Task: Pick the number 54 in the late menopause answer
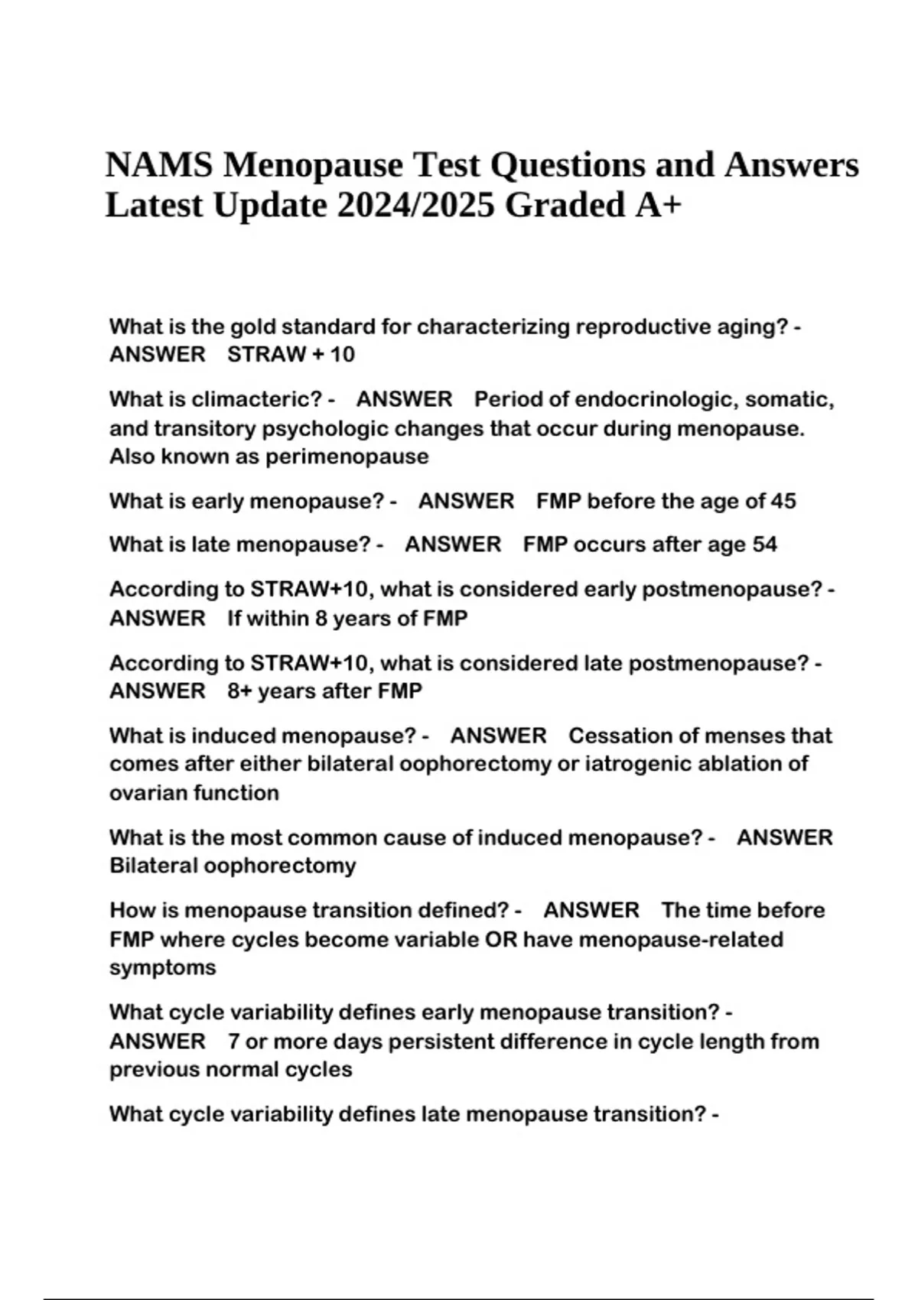[764, 545]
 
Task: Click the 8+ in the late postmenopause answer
[239, 691]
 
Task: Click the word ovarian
[148, 793]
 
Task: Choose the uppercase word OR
[500, 940]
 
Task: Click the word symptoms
[162, 968]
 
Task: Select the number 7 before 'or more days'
[233, 1042]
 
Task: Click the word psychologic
[326, 429]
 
